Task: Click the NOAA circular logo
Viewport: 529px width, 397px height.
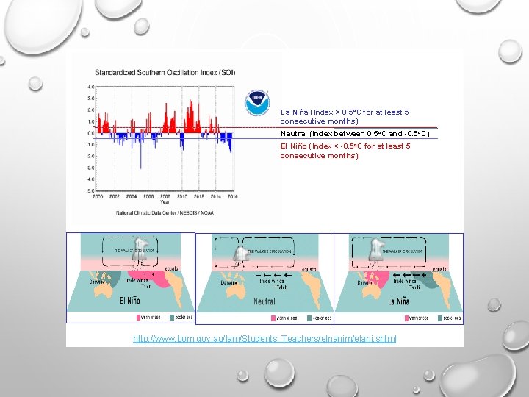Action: pos(257,101)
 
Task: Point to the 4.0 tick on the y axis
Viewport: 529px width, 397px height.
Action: pos(91,87)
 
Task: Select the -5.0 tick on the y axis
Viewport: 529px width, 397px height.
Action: pos(90,190)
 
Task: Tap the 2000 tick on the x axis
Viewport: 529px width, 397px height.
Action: pos(98,196)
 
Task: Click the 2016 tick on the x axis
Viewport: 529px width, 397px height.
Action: pos(232,196)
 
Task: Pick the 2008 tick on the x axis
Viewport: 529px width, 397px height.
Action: pos(165,196)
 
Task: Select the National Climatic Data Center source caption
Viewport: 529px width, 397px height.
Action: pos(166,212)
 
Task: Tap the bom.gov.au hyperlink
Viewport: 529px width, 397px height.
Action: pos(264,338)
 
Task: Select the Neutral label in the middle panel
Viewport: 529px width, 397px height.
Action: pos(264,301)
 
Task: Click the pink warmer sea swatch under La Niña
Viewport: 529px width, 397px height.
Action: pos(411,318)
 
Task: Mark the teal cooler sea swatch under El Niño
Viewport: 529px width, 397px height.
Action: pos(173,318)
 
